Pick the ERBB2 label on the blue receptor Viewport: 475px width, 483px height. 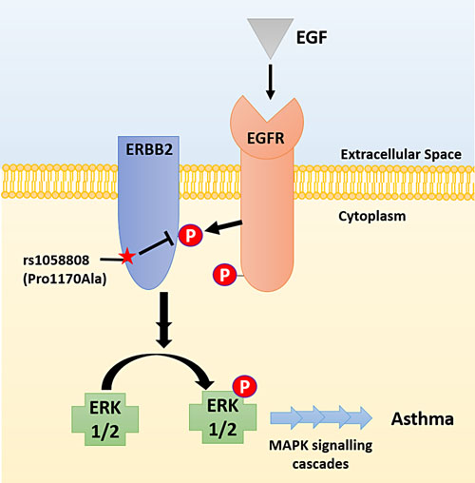pos(153,147)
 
